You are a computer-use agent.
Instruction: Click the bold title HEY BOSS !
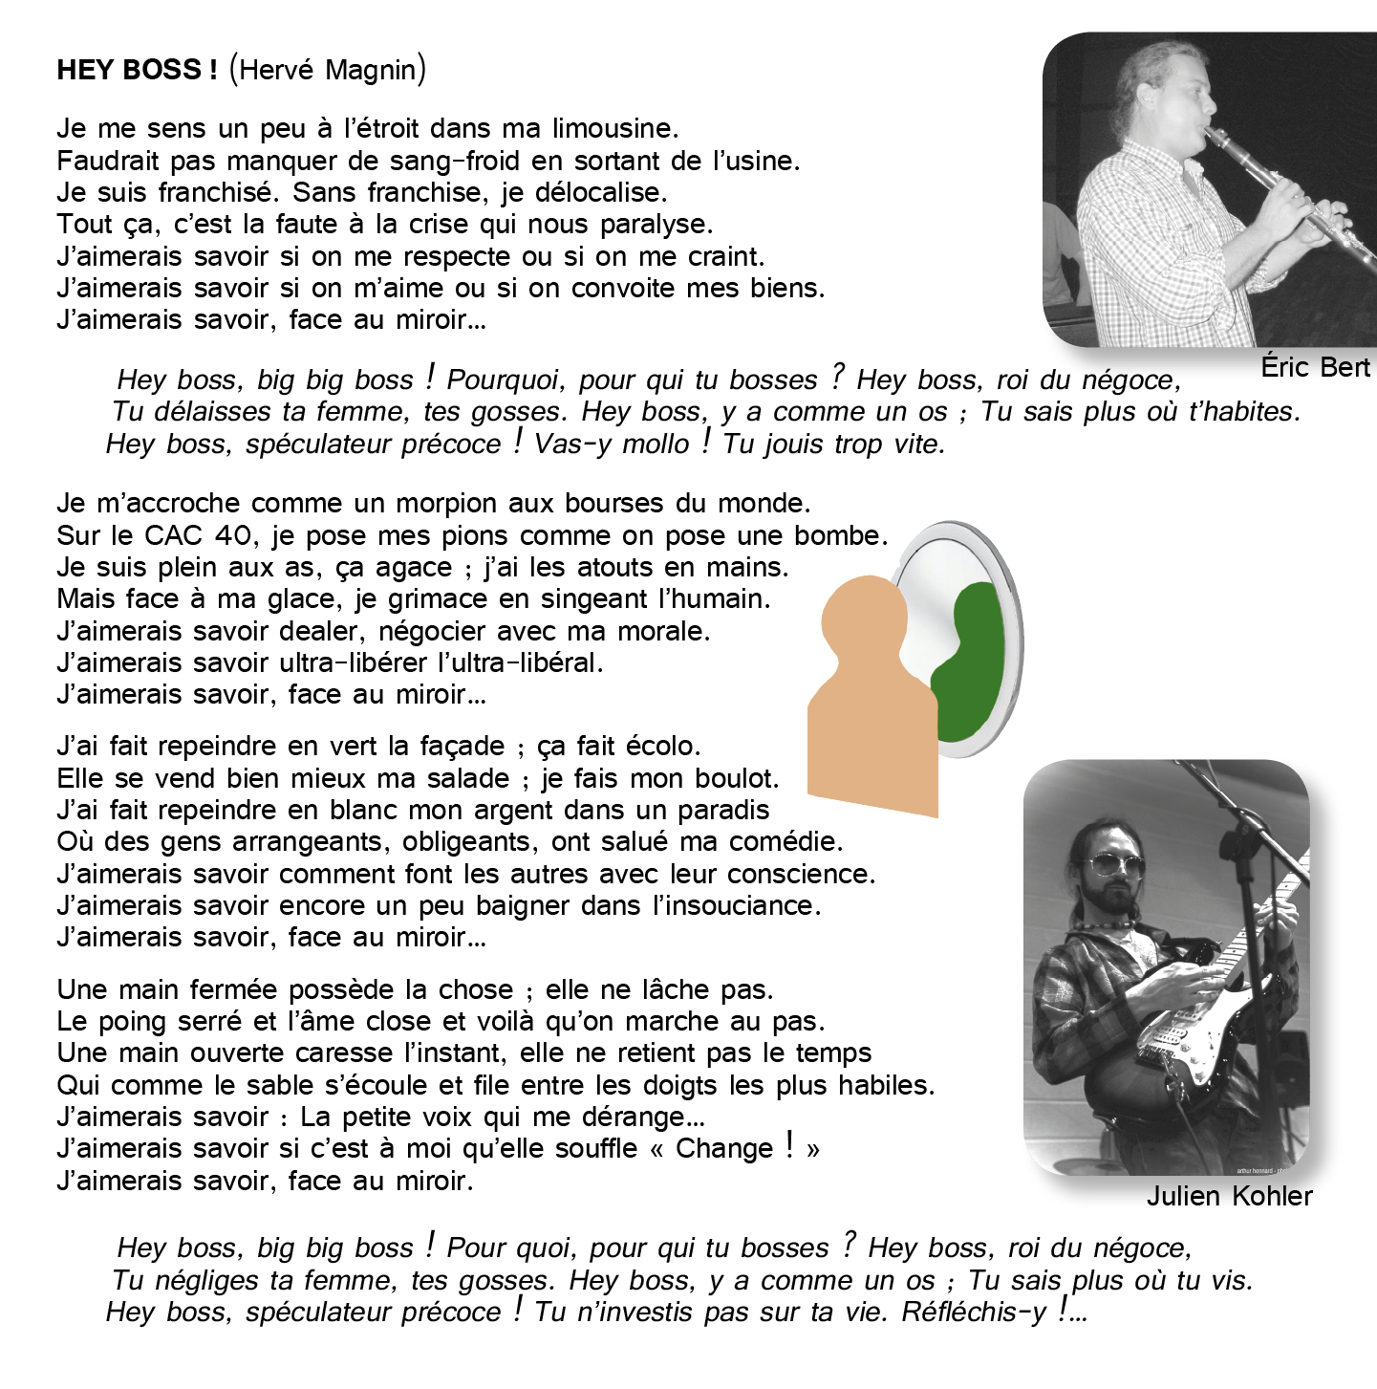coord(137,70)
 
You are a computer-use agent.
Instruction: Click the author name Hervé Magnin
coord(328,70)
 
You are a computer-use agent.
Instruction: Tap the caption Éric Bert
coord(1315,367)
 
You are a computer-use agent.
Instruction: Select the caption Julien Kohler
coord(1229,1196)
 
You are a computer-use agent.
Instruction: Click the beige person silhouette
coord(870,707)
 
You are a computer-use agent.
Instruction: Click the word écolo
coord(662,746)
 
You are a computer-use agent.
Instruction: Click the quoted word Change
coord(723,1148)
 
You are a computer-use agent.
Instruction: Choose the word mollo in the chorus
coord(655,444)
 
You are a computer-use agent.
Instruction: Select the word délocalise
coord(599,192)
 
